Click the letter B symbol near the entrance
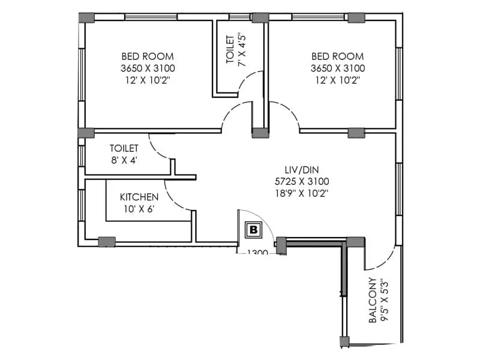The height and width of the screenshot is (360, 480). click(253, 230)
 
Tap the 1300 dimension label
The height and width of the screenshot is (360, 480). click(257, 252)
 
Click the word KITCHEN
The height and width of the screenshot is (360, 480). click(139, 197)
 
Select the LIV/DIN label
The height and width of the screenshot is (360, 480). click(302, 170)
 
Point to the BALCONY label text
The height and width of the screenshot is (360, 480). click(373, 301)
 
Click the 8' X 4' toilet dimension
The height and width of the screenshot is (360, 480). click(124, 160)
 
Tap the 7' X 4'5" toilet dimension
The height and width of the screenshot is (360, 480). click(242, 50)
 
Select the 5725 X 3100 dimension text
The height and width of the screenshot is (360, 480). click(302, 182)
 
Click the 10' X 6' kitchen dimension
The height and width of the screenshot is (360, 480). click(139, 209)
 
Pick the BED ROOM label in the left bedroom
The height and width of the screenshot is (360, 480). click(148, 56)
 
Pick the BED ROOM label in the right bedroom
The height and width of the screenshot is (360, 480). click(338, 56)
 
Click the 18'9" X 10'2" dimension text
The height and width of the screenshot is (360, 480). click(302, 193)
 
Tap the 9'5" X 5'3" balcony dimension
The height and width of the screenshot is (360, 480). click(384, 301)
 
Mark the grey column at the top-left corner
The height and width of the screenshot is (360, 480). click(86, 17)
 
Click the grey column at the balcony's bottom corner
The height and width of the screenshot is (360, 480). click(344, 341)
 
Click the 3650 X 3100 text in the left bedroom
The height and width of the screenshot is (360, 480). click(148, 68)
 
